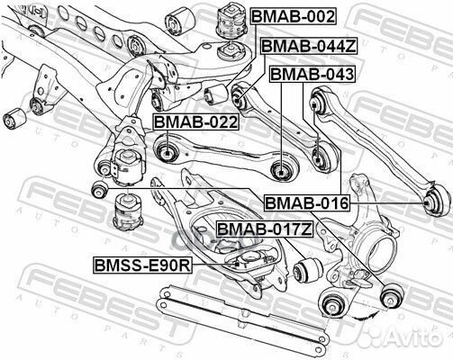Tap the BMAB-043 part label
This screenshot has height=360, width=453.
(x=312, y=75)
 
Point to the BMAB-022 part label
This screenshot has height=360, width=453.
(x=195, y=121)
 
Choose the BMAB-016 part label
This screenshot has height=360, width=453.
(x=306, y=204)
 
